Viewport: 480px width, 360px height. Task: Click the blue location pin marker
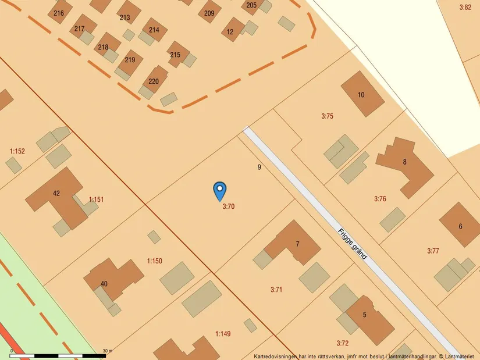219,190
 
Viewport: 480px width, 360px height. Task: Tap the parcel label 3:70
228,206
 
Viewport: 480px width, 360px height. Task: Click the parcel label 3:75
327,116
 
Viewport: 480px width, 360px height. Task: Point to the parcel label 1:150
154,261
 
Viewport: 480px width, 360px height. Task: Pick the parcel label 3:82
465,8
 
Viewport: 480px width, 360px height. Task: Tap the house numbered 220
154,81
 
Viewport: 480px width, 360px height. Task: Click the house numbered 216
58,13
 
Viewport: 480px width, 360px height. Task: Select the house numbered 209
209,13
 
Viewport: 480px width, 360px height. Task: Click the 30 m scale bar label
107,351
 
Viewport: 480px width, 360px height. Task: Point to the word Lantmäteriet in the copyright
461,356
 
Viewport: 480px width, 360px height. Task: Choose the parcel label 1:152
17,152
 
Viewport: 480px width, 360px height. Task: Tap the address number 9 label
259,167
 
